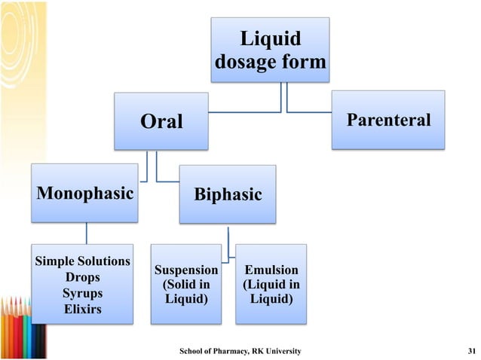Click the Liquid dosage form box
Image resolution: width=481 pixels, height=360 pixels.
(x=270, y=50)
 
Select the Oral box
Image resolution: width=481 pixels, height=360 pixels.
(x=161, y=121)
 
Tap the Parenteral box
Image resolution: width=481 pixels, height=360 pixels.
(x=389, y=120)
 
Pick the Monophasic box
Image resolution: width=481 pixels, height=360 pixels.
(x=84, y=194)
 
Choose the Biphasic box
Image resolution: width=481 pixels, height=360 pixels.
(x=228, y=195)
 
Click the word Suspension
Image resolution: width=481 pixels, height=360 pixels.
(x=186, y=270)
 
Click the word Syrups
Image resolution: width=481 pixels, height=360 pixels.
(x=83, y=293)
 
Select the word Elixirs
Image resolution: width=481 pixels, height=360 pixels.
(x=83, y=309)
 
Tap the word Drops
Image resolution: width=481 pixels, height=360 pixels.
(x=83, y=277)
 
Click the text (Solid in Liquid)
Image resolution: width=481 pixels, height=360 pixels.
(x=186, y=292)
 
